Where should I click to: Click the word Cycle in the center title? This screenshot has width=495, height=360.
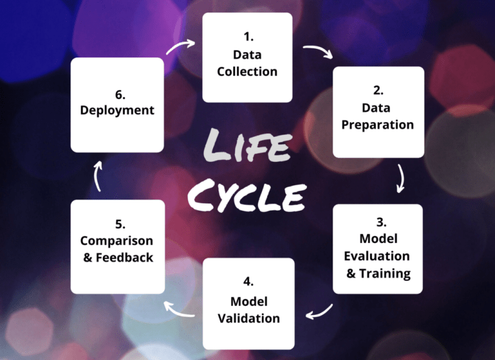tap(247, 196)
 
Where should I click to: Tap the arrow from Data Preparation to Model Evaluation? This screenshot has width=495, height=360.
tap(400, 178)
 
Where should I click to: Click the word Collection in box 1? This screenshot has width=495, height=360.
tap(247, 71)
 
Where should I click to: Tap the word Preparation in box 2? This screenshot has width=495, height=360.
tap(378, 124)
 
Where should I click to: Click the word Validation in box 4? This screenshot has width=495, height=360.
tap(248, 318)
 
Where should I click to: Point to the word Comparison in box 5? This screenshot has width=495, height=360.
tap(117, 240)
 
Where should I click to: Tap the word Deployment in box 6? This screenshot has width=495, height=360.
tap(117, 110)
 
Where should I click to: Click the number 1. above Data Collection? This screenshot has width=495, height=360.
tap(247, 36)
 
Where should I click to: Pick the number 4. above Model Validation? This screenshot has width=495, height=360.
tap(248, 282)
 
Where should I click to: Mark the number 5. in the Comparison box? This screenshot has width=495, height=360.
tap(117, 223)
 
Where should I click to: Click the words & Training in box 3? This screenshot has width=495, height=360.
tap(378, 273)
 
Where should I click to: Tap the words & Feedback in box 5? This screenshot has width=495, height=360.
tap(117, 258)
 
